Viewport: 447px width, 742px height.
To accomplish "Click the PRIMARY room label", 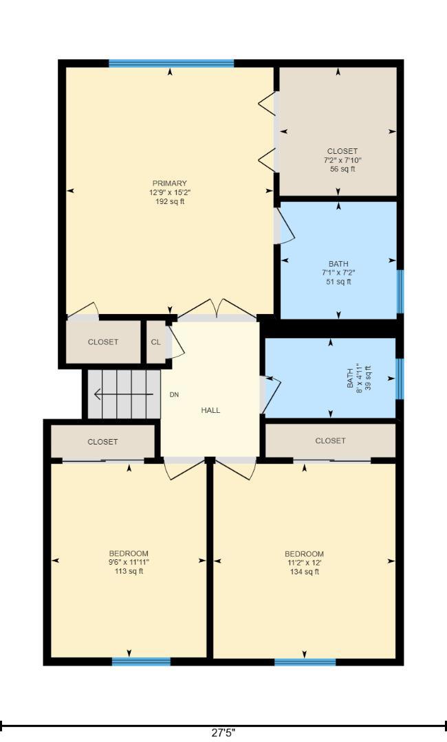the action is click(170, 183).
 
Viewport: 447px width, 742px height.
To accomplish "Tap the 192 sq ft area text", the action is click(170, 201).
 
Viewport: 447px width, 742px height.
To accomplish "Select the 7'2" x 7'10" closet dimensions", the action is click(342, 160).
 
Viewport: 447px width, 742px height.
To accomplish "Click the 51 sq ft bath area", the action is click(338, 282).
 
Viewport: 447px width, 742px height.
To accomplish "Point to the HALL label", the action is click(210, 410).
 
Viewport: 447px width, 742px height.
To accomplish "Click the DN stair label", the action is click(174, 394).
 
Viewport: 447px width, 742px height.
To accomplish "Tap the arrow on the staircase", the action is click(124, 394).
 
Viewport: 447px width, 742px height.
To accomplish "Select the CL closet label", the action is click(156, 342).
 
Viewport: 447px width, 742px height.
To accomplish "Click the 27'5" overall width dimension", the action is click(223, 733).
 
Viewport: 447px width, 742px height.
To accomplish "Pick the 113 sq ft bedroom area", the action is click(129, 571).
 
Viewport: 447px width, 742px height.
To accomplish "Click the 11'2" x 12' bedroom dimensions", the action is click(304, 563).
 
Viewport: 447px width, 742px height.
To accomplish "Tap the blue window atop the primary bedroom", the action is click(171, 63).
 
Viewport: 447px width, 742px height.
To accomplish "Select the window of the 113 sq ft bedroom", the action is click(141, 662).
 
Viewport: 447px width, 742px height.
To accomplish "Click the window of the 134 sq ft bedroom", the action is click(305, 662).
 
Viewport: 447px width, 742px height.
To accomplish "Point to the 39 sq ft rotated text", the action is click(368, 378).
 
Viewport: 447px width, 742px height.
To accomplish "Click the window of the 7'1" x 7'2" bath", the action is click(400, 291).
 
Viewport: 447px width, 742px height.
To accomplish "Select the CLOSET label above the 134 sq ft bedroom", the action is click(330, 440).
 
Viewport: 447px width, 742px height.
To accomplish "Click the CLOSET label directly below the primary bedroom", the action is click(102, 342).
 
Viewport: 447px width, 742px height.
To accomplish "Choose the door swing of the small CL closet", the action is click(176, 341).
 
